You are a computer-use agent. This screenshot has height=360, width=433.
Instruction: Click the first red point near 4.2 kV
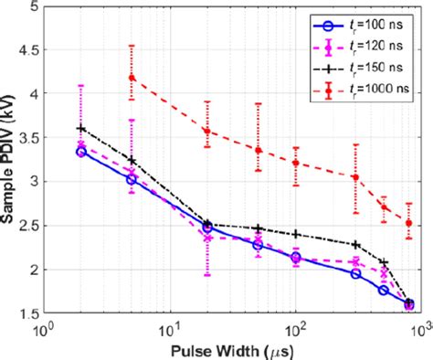132,78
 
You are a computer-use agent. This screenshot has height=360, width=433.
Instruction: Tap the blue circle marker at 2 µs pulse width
81,152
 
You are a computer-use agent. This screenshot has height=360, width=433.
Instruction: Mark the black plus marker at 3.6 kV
81,128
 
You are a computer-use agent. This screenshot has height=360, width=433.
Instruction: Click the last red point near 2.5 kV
409,223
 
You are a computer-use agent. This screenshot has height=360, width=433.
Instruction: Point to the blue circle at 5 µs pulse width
132,179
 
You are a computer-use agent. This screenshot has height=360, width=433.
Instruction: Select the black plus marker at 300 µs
355,244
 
